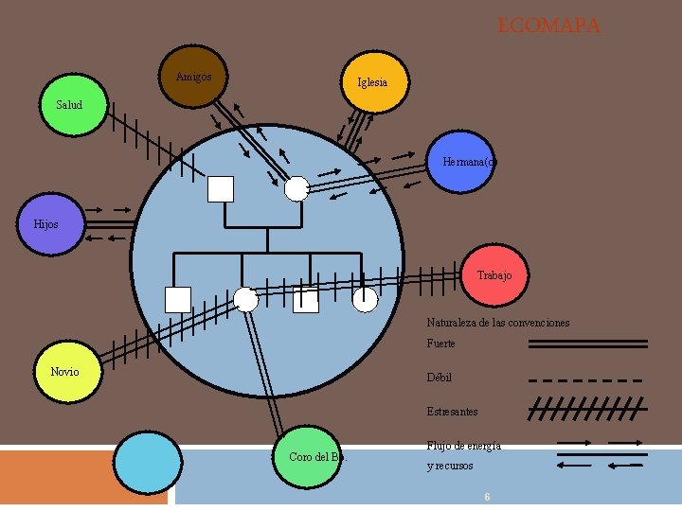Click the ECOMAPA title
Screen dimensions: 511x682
pyautogui.click(x=549, y=26)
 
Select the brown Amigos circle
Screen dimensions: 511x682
pyautogui.click(x=194, y=76)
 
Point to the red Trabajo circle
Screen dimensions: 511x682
pyautogui.click(x=494, y=274)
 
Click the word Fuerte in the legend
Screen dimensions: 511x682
pyautogui.click(x=440, y=344)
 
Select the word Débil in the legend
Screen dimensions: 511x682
pyautogui.click(x=439, y=378)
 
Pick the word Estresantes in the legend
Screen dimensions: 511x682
pyautogui.click(x=452, y=412)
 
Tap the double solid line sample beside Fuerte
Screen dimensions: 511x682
pyautogui.click(x=586, y=344)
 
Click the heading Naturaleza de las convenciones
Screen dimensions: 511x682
pyautogui.click(x=497, y=323)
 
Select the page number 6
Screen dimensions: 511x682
pyautogui.click(x=486, y=497)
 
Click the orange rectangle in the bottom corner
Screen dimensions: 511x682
pyautogui.click(x=84, y=479)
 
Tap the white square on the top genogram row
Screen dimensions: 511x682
pyautogui.click(x=221, y=189)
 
